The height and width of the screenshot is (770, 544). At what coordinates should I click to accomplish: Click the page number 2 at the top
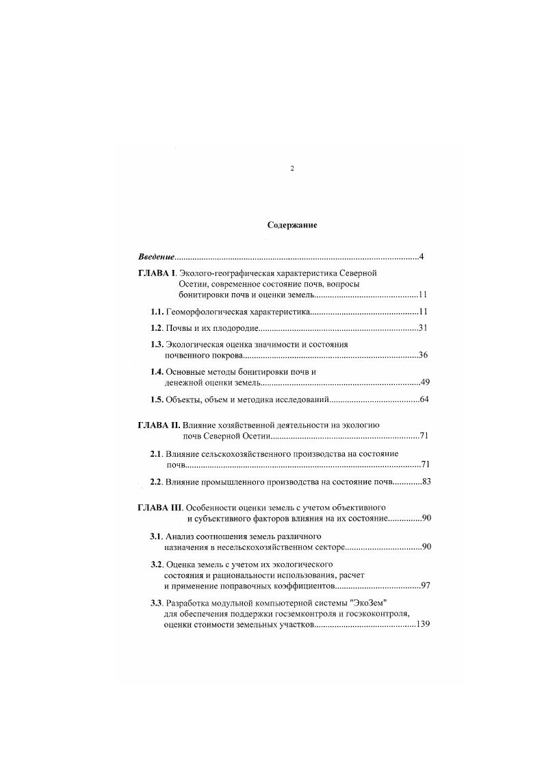[x=292, y=168]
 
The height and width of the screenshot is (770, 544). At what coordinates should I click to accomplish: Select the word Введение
[x=156, y=257]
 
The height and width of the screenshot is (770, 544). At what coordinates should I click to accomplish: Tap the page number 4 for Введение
[x=422, y=257]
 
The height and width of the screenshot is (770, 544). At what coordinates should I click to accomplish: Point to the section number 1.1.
[x=157, y=312]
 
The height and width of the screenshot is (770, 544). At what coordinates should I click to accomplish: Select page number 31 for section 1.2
[x=423, y=328]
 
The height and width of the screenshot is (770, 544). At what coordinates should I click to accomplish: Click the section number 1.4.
[x=157, y=371]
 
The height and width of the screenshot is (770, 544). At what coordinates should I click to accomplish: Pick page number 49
[x=424, y=382]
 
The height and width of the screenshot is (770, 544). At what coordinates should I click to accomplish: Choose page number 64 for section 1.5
[x=424, y=399]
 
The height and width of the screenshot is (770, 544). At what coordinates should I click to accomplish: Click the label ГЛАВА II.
[x=159, y=425]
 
